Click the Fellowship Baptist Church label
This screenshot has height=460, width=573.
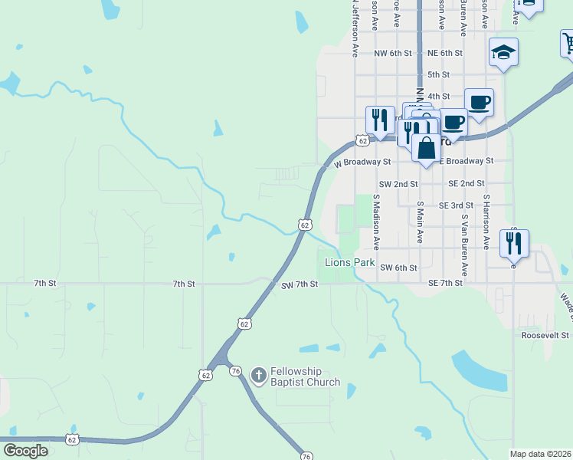pos(305,376)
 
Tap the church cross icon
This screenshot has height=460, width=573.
pos(259,375)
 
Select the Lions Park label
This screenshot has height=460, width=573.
pos(349,262)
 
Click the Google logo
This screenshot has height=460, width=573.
pos(25,451)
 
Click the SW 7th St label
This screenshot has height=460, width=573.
pos(300,284)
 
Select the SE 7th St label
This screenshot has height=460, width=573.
pos(445,284)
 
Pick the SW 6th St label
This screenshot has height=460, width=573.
pos(398,268)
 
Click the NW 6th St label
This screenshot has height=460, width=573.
pos(393,53)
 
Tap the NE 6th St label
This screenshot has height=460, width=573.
pos(445,53)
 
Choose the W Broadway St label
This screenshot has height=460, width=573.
pos(362,163)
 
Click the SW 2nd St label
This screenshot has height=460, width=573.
pos(398,184)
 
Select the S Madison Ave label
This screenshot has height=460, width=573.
pos(376,222)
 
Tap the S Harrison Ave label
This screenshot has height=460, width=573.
pos(486,222)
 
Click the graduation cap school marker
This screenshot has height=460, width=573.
pos(503,53)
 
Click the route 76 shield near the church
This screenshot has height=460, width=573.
pos(235,370)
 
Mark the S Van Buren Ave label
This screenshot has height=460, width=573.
pos(464,245)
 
